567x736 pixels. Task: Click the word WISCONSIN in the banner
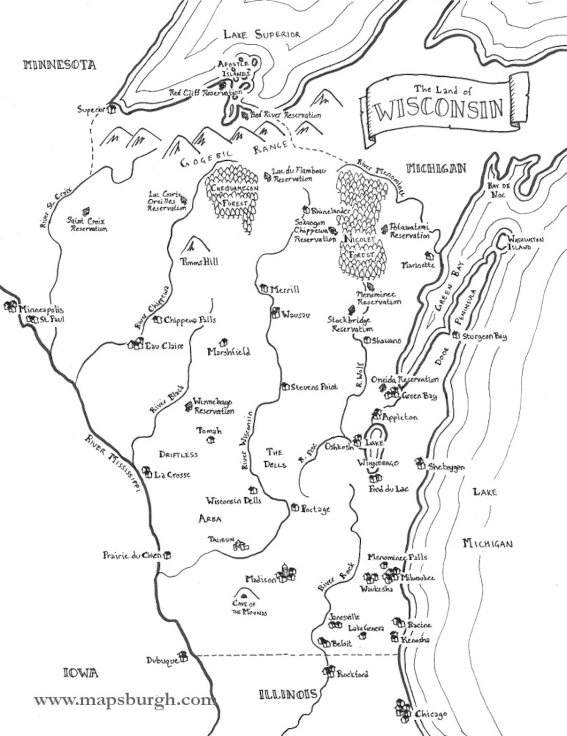440,109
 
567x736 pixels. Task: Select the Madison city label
261,580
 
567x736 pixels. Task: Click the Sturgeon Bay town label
485,337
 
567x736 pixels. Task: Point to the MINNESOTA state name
60,65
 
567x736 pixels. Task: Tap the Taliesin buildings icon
241,545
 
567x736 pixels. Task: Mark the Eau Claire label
164,346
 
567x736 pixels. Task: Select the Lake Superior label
261,35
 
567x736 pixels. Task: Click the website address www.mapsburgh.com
123,700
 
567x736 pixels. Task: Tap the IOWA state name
80,673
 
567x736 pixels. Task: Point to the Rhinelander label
331,211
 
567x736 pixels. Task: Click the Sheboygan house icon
420,464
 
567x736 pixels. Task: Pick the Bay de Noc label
498,190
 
